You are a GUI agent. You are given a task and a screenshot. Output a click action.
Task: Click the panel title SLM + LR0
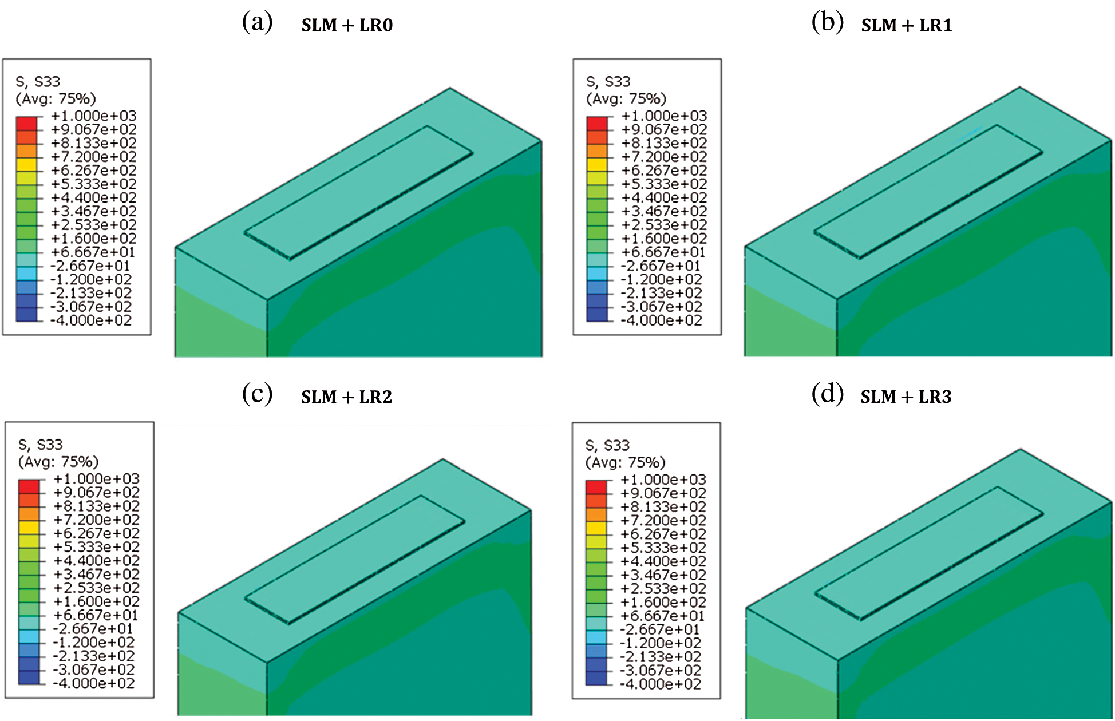tap(347, 25)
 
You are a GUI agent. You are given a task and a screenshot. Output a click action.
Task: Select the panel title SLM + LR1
tap(907, 25)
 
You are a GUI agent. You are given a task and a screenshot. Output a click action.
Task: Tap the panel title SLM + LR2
tap(347, 397)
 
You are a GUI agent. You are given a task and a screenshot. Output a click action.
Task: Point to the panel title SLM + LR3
tap(906, 397)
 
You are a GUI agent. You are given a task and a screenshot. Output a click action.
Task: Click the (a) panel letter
tap(257, 22)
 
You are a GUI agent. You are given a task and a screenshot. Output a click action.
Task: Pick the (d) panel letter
tap(828, 394)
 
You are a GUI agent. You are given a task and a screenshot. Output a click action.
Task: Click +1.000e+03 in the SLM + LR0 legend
tap(94, 116)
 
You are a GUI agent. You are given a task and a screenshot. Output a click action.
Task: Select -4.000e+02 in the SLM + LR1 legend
tap(662, 320)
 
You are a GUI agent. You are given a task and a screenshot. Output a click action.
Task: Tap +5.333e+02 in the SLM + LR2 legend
tap(97, 547)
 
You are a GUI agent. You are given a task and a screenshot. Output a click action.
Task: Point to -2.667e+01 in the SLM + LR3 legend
tap(660, 629)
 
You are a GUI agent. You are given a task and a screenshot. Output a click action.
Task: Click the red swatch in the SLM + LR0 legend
tap(27, 123)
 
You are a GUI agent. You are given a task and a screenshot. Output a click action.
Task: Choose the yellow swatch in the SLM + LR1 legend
tap(597, 164)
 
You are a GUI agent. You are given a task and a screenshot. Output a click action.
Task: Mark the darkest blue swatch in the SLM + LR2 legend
tap(29, 677)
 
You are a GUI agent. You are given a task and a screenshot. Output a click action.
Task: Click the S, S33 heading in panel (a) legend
tap(38, 82)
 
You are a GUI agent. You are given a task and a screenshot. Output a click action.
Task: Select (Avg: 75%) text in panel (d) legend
tap(626, 463)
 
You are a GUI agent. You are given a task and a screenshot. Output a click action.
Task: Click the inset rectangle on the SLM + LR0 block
tap(359, 192)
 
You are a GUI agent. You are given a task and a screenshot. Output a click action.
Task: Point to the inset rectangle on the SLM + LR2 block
tap(355, 559)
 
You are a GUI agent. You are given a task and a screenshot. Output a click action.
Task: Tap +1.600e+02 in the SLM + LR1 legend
tap(665, 239)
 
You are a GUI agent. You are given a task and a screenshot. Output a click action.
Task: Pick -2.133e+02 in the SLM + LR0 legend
tap(92, 293)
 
